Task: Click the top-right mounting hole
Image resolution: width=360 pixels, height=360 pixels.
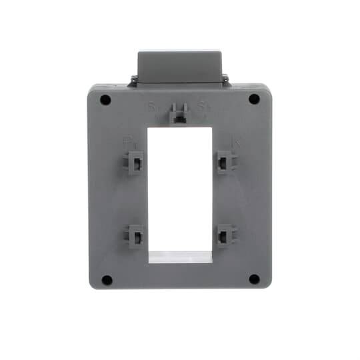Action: [x=254, y=99]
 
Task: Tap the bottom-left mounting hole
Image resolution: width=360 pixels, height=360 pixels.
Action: [x=105, y=279]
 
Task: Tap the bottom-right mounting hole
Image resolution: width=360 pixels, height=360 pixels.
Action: [x=254, y=279]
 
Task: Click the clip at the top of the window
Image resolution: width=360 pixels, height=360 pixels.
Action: [x=179, y=115]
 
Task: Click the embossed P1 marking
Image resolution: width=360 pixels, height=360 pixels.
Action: [x=129, y=141]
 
